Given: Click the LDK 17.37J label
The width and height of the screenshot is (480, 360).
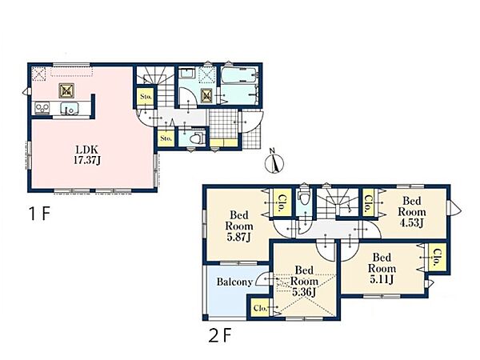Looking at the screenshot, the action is coord(87,155).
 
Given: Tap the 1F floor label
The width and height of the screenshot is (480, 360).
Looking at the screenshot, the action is coord(39,214).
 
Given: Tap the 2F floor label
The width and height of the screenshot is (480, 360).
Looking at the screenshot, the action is coord(219,335).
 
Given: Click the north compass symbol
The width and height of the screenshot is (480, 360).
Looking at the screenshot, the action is coord(274,162).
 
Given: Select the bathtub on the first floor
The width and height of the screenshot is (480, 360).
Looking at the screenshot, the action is coord(239,75).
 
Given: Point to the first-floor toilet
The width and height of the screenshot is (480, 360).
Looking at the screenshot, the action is coord(197,138).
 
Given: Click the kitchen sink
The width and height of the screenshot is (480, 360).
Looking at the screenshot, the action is coord(70,108).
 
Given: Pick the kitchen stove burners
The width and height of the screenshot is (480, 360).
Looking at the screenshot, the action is coord(42,107).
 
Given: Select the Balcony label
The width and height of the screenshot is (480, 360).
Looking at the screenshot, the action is coord(234,282).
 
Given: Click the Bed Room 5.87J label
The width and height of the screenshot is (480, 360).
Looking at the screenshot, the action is coord(239,226).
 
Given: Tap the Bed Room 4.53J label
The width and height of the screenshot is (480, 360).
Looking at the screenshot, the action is coord(412,212).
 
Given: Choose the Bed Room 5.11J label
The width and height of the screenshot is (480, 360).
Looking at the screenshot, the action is coord(382,268).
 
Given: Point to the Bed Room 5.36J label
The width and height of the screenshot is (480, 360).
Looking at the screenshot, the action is coord(304,281).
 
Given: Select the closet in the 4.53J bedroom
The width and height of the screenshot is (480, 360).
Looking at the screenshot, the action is coord(368,202).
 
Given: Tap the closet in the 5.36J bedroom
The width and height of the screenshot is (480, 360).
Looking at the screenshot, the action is coord(260,308).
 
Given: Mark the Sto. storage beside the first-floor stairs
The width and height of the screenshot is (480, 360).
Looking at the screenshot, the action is coord(146,97).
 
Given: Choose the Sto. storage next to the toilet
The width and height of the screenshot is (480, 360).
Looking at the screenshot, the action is coord(166,138).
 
